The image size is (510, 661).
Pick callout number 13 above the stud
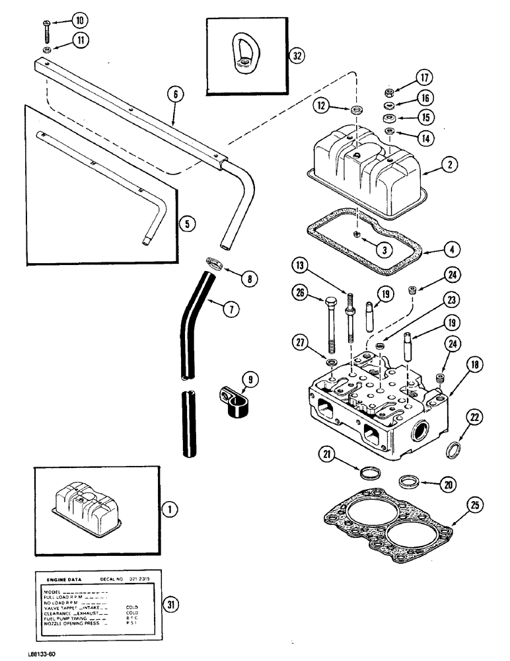tap(301, 266)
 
